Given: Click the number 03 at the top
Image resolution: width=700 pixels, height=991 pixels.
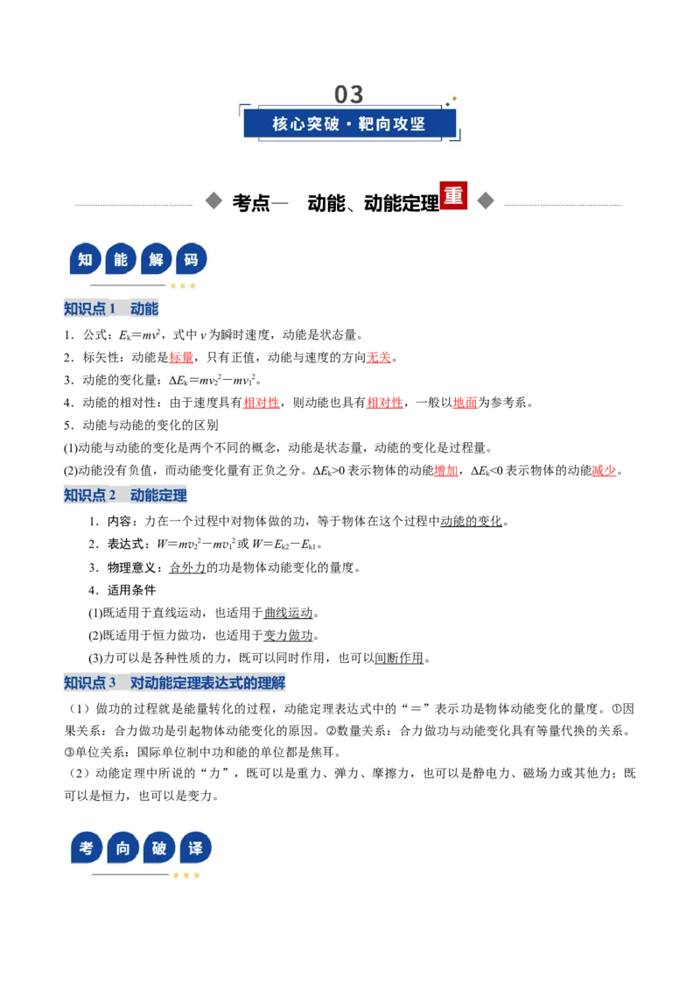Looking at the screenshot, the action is (349, 95).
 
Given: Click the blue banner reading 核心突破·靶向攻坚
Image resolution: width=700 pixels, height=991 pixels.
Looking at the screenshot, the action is (349, 123).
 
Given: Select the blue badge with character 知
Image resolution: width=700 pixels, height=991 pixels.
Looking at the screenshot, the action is (85, 259).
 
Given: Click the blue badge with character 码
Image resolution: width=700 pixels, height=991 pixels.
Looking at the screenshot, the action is (192, 259).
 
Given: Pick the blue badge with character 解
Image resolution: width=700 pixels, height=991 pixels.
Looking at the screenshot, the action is (156, 259).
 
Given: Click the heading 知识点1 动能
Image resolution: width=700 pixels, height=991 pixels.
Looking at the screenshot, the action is (110, 308).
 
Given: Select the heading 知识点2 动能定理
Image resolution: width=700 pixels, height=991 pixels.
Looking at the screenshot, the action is (125, 495).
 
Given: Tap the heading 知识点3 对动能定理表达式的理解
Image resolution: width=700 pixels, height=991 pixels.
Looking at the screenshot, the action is (174, 683).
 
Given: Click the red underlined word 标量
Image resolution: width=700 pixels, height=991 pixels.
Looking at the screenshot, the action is (181, 358).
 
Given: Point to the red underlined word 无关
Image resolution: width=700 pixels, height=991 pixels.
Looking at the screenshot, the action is (379, 358).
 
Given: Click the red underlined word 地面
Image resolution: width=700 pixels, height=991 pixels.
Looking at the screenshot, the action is (465, 403).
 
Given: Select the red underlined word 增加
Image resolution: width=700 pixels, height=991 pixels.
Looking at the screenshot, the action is (446, 470).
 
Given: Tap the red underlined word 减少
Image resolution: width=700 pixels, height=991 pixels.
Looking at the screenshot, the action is (604, 470).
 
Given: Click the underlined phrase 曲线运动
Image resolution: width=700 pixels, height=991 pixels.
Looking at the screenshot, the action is (288, 613).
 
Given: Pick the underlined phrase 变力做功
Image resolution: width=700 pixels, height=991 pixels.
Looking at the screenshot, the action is (288, 636).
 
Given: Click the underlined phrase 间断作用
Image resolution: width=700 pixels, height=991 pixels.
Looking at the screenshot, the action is (399, 658).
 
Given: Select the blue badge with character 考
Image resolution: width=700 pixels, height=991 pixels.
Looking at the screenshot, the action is (87, 847).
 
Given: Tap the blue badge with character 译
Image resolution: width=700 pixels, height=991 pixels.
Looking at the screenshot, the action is (195, 847).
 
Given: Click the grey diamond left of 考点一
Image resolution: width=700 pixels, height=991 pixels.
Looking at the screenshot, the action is (213, 201).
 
